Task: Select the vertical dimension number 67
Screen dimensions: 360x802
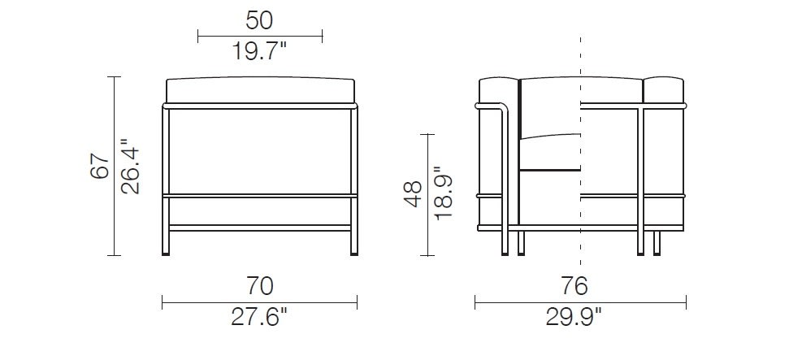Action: pyautogui.click(x=99, y=167)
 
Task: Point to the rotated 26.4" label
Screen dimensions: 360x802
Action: pyautogui.click(x=130, y=167)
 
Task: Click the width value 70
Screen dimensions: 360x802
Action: pyautogui.click(x=259, y=286)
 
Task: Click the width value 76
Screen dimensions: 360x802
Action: pyautogui.click(x=580, y=286)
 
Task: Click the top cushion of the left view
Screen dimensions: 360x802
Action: pyautogui.click(x=260, y=92)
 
